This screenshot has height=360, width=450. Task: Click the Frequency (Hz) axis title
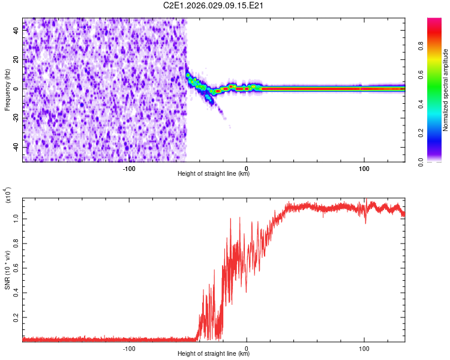7,89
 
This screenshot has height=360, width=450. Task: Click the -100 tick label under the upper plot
129,168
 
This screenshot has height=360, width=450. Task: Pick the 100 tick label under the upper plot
364,168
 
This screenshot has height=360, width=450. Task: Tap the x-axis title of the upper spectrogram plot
214,174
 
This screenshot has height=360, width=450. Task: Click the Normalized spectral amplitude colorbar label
446,90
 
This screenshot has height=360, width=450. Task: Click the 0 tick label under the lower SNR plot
247,347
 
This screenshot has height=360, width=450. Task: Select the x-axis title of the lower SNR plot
214,353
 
